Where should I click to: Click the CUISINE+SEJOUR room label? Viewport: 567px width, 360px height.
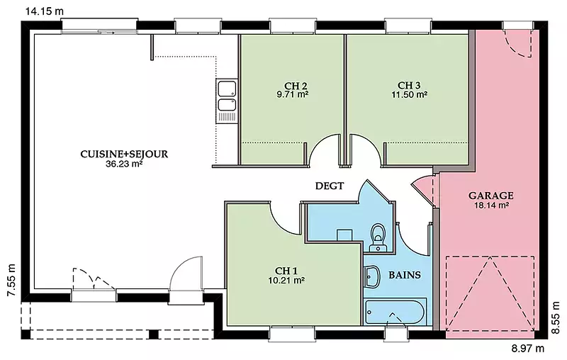(x=124, y=154)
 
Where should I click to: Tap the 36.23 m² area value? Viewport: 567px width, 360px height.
(x=123, y=164)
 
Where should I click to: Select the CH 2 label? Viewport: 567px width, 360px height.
(x=296, y=86)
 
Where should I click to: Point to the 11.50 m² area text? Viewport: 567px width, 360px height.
(x=410, y=95)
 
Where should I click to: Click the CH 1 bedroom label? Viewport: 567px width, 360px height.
(x=286, y=271)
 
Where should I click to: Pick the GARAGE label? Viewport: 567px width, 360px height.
(x=490, y=196)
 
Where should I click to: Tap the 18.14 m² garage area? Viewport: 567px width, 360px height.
(x=491, y=206)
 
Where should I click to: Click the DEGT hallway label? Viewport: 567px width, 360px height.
(x=330, y=186)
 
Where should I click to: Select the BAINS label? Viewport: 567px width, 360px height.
(x=405, y=275)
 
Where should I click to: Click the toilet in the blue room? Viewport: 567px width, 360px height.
(x=378, y=237)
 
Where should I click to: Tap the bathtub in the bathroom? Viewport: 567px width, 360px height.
(x=395, y=312)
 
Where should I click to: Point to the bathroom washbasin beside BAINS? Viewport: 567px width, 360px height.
(x=371, y=276)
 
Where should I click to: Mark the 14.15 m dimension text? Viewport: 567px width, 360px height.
(x=45, y=11)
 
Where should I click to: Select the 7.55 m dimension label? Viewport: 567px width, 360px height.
(x=12, y=280)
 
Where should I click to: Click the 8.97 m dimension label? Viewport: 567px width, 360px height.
(x=527, y=349)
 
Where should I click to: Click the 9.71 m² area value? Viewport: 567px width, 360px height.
(x=293, y=95)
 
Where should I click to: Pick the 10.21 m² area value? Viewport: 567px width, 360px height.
(x=286, y=280)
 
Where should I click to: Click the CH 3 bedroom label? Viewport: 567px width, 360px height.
(x=409, y=85)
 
